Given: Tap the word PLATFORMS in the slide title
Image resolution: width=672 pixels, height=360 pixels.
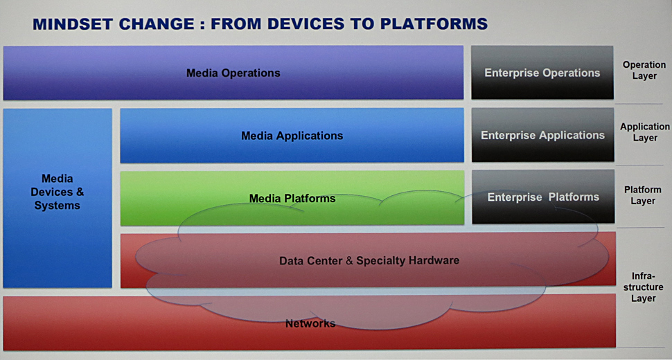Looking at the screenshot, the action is pyautogui.click(x=434, y=24).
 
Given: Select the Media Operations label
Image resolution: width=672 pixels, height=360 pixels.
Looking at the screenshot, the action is pyautogui.click(x=233, y=73).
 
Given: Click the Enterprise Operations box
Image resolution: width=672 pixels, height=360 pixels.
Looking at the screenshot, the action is pyautogui.click(x=542, y=73).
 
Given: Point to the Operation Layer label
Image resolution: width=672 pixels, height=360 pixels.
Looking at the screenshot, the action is pyautogui.click(x=644, y=70).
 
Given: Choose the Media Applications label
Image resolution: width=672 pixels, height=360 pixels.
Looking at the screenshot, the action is pyautogui.click(x=292, y=136).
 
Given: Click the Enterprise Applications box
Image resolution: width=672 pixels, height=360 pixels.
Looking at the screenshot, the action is pyautogui.click(x=542, y=135).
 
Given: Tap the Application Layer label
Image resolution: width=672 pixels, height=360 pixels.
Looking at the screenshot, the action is pyautogui.click(x=644, y=132).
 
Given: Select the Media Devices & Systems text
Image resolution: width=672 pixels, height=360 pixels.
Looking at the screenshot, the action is pyautogui.click(x=57, y=192).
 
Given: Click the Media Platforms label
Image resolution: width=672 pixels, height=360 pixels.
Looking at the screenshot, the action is pyautogui.click(x=292, y=198).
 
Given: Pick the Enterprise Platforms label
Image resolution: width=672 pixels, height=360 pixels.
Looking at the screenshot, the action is pyautogui.click(x=543, y=197).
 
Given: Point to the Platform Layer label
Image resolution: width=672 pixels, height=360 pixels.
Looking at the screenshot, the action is pyautogui.click(x=642, y=195).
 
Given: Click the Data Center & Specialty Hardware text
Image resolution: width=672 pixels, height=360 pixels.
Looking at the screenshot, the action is pyautogui.click(x=369, y=260).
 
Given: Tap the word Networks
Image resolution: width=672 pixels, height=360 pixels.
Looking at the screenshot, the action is pyautogui.click(x=310, y=323).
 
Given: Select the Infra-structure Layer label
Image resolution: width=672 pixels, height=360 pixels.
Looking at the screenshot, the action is pyautogui.click(x=643, y=287).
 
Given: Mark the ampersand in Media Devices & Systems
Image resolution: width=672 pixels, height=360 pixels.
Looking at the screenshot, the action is pyautogui.click(x=80, y=192).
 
